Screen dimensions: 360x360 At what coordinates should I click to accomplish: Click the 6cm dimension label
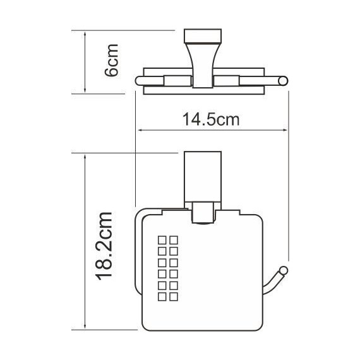112,61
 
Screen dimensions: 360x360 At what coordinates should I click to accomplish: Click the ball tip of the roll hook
285,271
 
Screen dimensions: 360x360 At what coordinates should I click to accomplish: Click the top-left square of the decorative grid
162,239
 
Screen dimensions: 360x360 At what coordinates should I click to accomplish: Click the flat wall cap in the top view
202,33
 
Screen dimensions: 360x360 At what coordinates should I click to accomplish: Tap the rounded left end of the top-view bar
139,80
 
